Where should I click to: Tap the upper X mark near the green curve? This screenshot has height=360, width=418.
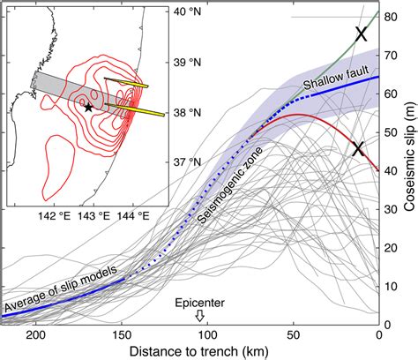coord(361,34)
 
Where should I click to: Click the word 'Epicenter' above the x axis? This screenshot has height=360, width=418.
coord(200,301)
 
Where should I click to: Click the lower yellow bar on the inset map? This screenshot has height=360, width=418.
coord(137,111)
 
